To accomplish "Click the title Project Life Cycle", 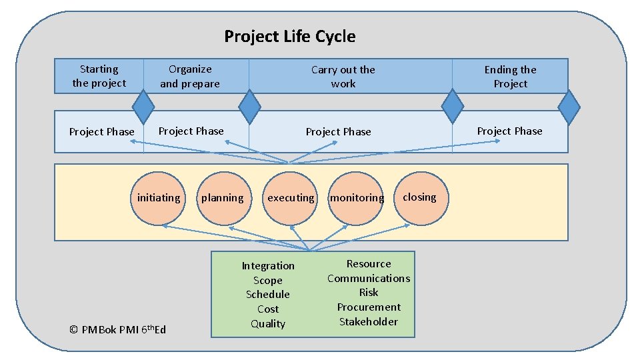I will pyautogui.click(x=289, y=36).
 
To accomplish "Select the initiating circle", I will pyautogui.click(x=158, y=198).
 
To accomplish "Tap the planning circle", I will pyautogui.click(x=223, y=198).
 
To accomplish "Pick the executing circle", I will pyautogui.click(x=290, y=198).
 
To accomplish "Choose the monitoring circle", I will pyautogui.click(x=357, y=198).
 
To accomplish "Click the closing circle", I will pyautogui.click(x=419, y=197).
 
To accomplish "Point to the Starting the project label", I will pyautogui.click(x=99, y=76).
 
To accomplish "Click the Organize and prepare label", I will pyautogui.click(x=190, y=77).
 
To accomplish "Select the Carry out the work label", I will pyautogui.click(x=343, y=77).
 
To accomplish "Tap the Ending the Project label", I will pyautogui.click(x=510, y=77).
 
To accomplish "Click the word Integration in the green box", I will pyautogui.click(x=268, y=265).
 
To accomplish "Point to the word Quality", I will pyautogui.click(x=268, y=324).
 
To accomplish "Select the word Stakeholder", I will pyautogui.click(x=369, y=321).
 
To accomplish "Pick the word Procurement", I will pyautogui.click(x=369, y=307).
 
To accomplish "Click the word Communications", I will pyautogui.click(x=369, y=278).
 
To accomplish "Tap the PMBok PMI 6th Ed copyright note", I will pyautogui.click(x=118, y=329).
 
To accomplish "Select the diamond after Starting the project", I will pyautogui.click(x=143, y=106).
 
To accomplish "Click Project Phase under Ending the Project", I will pyautogui.click(x=510, y=131).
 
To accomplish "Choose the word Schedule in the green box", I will pyautogui.click(x=268, y=294).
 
